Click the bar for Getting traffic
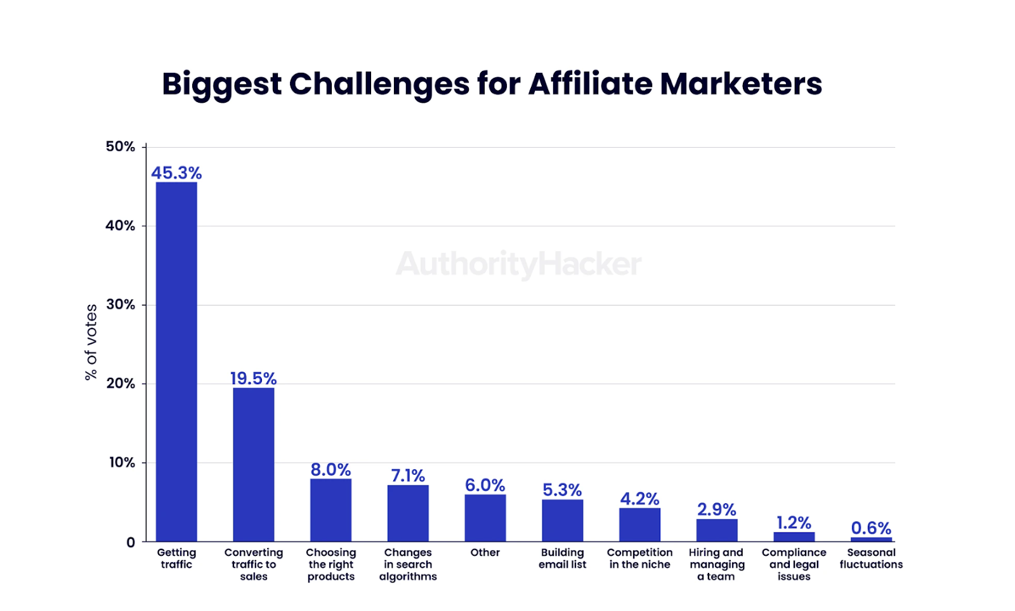coord(176,361)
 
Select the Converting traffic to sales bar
coord(254,464)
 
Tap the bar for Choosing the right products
coord(331,510)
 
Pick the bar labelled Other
coord(485,517)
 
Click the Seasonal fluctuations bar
coord(871,539)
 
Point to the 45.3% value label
coord(176,173)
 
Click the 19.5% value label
coord(254,378)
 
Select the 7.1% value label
coord(408,475)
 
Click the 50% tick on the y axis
coord(121,146)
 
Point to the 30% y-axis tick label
coord(121,304)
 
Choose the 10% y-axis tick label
coord(122,462)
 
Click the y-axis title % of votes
coord(91,342)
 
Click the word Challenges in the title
coord(379,84)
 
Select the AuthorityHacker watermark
coord(518,264)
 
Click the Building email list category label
coord(562,558)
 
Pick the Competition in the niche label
coord(639,558)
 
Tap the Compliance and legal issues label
coord(794,564)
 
